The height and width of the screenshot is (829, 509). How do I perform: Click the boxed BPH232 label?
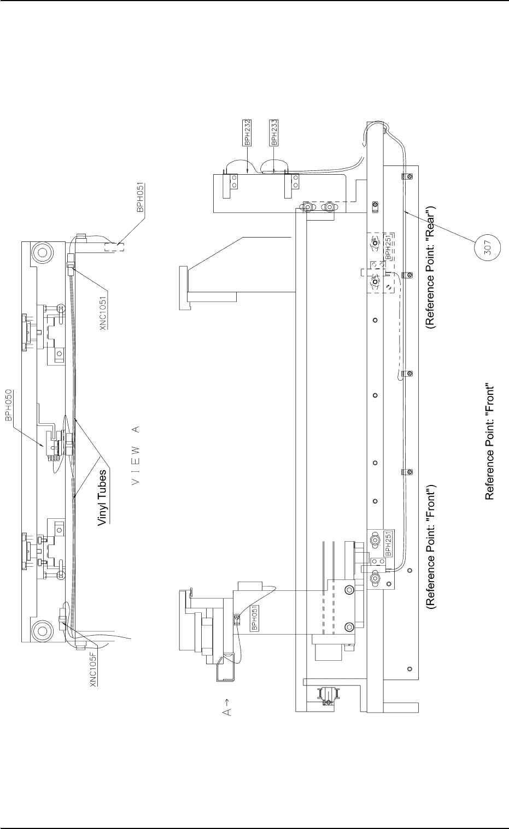click(247, 132)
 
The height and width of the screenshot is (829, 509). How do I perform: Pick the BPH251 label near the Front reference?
click(388, 543)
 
